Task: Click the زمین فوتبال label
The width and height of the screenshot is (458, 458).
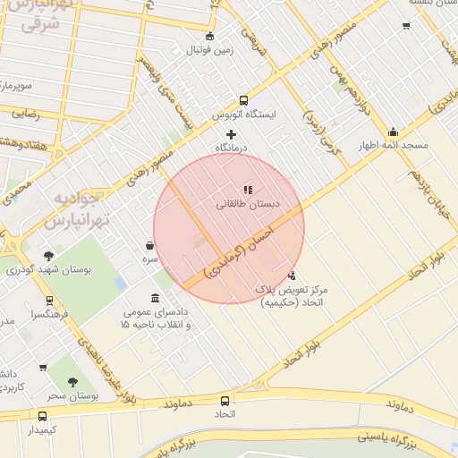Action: point(209,50)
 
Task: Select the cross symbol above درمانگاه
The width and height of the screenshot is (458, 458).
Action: point(231,133)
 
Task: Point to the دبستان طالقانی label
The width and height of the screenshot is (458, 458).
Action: point(248,204)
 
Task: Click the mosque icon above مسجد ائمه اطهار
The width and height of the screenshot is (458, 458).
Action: point(393,132)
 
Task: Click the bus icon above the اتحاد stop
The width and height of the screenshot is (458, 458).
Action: point(223,400)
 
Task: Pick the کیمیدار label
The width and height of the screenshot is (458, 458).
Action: point(42,430)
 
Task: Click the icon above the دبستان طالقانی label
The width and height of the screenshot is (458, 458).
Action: point(248,190)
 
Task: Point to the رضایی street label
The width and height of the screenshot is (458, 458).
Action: point(25,114)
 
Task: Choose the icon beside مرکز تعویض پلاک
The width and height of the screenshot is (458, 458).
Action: point(293,276)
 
